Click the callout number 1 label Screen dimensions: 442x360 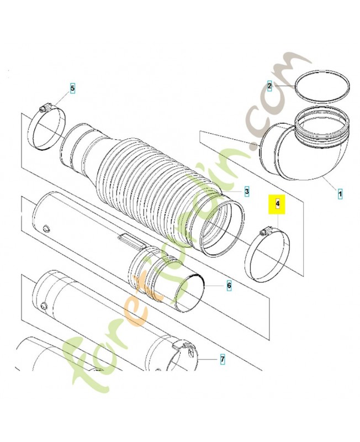click(340, 194)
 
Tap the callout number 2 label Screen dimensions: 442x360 click(269, 86)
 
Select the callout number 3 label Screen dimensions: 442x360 click(247, 191)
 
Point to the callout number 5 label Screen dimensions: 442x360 click(72, 88)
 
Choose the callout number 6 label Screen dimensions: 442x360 click(228, 286)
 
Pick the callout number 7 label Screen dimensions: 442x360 click(222, 360)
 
